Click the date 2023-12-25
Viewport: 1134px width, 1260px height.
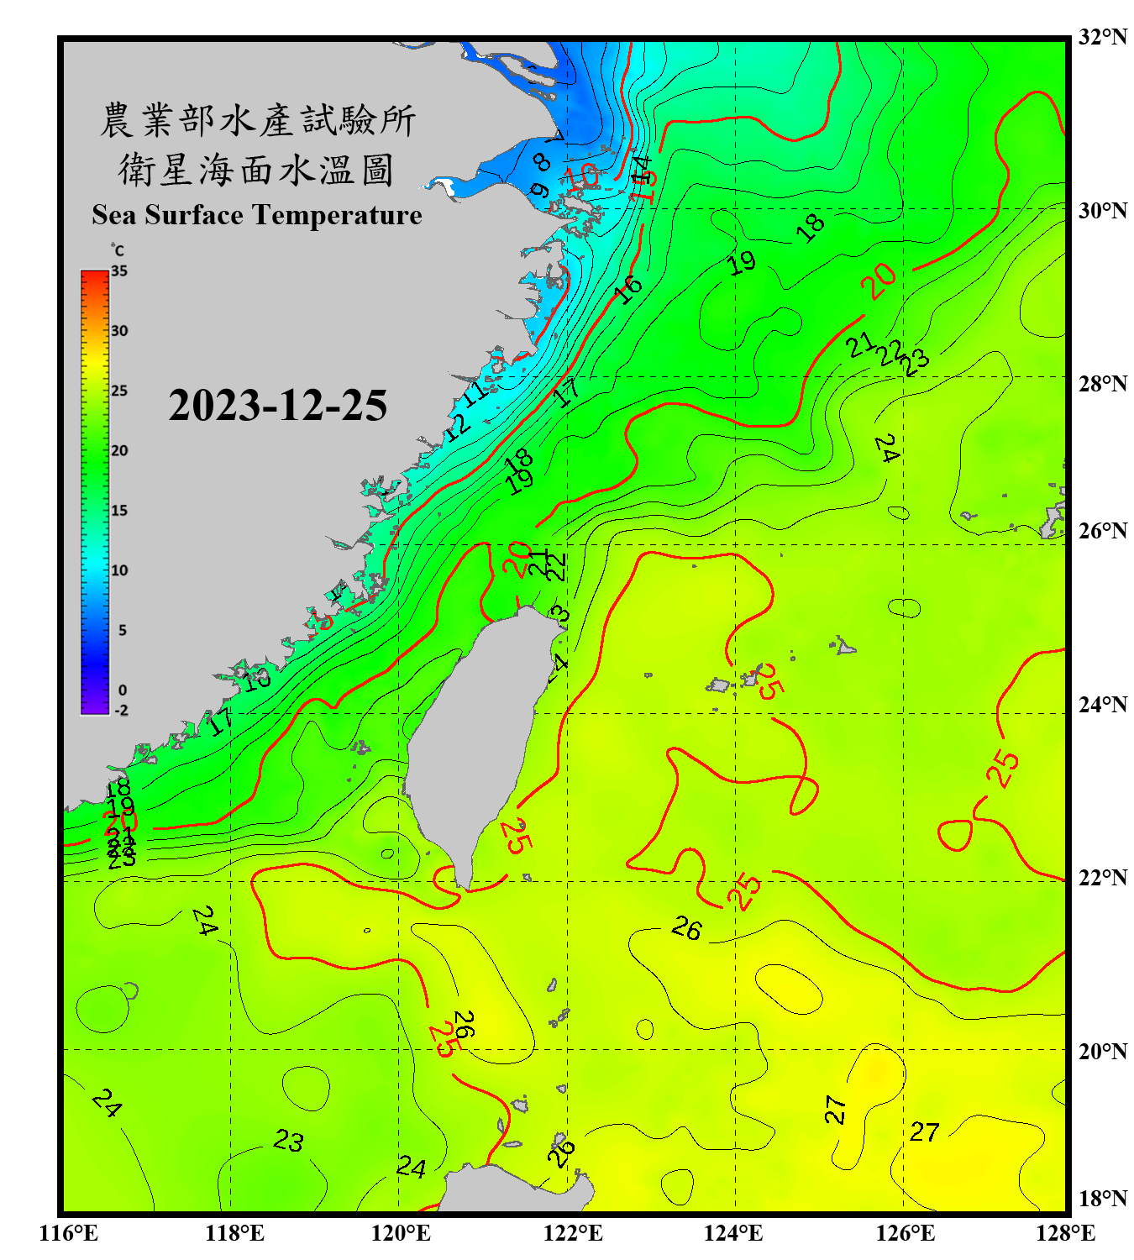click(x=277, y=406)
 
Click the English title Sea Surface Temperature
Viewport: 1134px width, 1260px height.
click(x=257, y=215)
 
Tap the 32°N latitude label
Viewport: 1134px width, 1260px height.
click(x=1102, y=37)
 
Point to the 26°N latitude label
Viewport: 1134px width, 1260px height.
click(x=1102, y=531)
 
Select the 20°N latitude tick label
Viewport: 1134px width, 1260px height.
click(x=1102, y=1051)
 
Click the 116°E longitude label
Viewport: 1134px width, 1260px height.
click(x=69, y=1233)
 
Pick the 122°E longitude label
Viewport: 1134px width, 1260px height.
click(x=573, y=1233)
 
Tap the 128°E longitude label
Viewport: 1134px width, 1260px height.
click(x=1065, y=1233)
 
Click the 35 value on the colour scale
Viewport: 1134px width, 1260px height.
click(x=119, y=271)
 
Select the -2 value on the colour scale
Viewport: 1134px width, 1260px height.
click(x=121, y=711)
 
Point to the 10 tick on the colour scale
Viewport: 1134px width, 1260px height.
click(x=119, y=570)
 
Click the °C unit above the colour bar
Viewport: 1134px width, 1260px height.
click(x=118, y=250)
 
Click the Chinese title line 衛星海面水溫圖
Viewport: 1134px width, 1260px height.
click(x=256, y=170)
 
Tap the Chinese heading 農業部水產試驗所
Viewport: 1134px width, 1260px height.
click(x=258, y=120)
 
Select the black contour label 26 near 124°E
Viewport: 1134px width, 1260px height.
click(x=687, y=928)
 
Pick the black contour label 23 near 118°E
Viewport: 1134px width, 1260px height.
click(x=288, y=1140)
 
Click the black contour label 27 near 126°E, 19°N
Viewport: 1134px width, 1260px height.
click(x=924, y=1131)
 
